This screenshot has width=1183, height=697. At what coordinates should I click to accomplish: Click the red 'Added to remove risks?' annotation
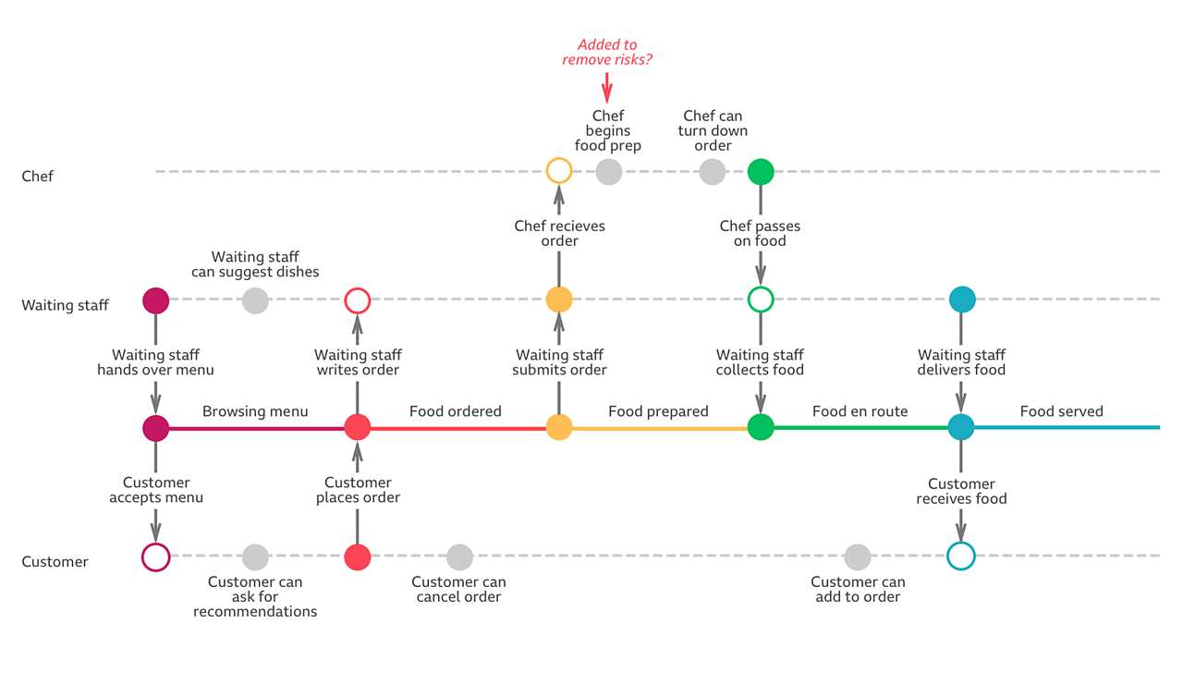pos(607,52)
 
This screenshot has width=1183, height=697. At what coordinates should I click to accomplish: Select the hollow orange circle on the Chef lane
pos(559,171)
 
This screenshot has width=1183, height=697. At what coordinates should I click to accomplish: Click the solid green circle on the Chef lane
pos(761,171)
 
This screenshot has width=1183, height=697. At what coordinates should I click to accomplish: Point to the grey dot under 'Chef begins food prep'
pos(608,171)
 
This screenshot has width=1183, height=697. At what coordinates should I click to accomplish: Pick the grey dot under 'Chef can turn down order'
pos(712,171)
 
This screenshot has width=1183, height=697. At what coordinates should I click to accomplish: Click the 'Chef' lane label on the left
pos(38,176)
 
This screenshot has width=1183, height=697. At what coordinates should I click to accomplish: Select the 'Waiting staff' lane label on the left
pos(65,305)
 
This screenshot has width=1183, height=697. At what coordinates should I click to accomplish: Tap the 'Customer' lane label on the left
pos(55,561)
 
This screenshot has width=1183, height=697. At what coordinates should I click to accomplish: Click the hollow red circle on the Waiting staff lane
pos(358,300)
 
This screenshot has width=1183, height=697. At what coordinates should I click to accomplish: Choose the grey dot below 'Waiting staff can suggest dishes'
pos(255,300)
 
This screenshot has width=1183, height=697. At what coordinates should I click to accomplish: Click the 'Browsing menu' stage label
pos(255,411)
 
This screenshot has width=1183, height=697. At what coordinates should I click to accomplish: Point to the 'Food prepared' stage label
pos(658,411)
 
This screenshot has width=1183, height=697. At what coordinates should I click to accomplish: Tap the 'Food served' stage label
pos(1061,411)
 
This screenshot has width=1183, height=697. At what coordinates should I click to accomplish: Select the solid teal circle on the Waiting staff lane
pos(962,300)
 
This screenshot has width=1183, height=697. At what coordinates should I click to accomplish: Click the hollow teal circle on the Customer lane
pos(962,556)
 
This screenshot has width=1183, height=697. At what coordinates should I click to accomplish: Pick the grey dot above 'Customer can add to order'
pos(858,556)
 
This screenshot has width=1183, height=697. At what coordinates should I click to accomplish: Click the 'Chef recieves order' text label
pos(559,233)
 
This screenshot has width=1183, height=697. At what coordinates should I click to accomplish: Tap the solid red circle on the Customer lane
pos(358,557)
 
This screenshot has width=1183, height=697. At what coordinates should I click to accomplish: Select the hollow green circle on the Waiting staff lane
pos(761,300)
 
